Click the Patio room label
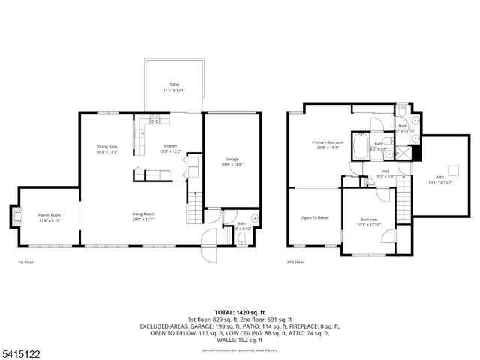(x=174, y=85)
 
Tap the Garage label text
(x=232, y=159)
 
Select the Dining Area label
(x=107, y=146)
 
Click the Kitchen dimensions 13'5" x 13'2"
(x=169, y=151)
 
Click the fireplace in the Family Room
(x=13, y=217)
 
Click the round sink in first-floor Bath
(x=254, y=220)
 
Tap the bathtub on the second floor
(x=361, y=143)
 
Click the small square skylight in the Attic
(x=452, y=168)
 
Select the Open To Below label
(x=316, y=217)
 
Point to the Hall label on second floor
(x=385, y=171)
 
